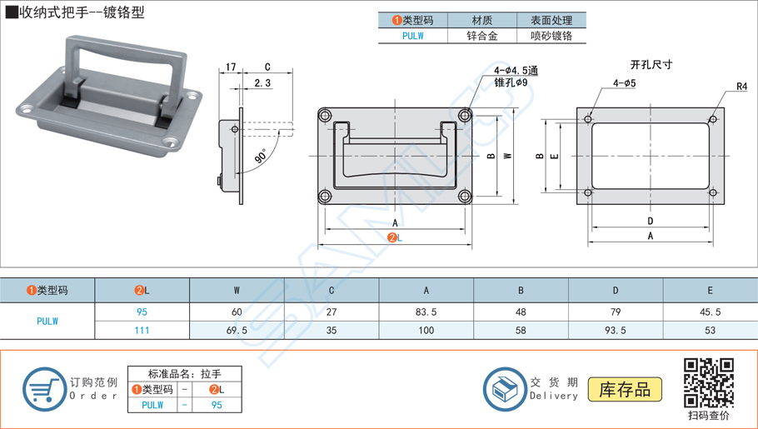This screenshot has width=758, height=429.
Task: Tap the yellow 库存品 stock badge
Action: click(x=625, y=389)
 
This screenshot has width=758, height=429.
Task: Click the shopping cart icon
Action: click(x=44, y=389)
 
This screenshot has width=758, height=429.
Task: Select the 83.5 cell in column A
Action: click(x=426, y=312)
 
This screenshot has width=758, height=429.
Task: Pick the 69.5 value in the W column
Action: click(x=237, y=331)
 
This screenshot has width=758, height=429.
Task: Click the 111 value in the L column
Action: click(x=142, y=331)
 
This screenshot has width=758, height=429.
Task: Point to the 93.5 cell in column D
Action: click(x=616, y=331)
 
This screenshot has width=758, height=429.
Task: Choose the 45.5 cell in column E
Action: click(x=711, y=312)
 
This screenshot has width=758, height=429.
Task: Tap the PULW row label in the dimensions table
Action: click(x=47, y=321)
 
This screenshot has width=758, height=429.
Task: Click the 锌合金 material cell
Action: click(x=482, y=36)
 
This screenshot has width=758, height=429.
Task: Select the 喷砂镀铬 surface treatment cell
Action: click(x=551, y=36)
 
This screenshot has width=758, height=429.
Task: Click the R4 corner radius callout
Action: click(x=741, y=87)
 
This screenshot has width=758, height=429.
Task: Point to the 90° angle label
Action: click(x=262, y=155)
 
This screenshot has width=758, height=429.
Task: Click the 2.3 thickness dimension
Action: click(x=262, y=82)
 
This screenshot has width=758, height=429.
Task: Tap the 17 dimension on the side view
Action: click(x=231, y=67)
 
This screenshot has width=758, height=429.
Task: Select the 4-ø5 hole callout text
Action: click(x=624, y=83)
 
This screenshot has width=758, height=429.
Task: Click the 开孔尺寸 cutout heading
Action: click(x=651, y=63)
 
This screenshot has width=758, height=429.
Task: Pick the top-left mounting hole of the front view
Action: click(x=324, y=114)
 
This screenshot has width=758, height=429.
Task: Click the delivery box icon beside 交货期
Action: click(x=505, y=389)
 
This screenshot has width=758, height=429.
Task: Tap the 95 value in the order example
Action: click(x=217, y=405)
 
